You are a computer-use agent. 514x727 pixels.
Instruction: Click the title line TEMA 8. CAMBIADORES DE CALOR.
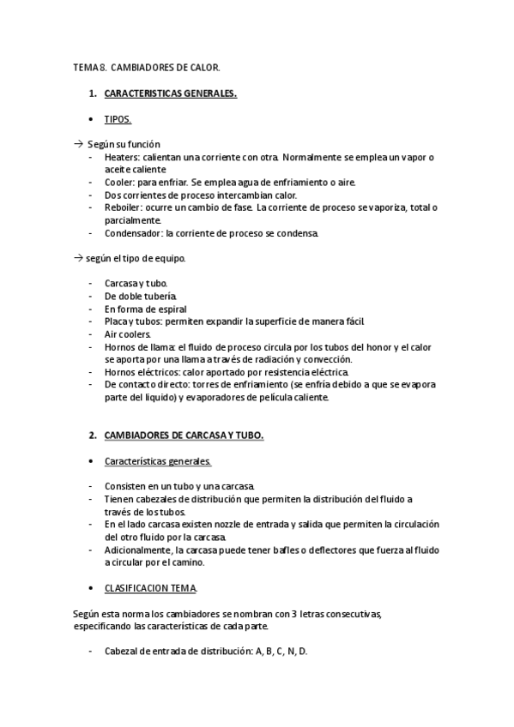tap(146, 66)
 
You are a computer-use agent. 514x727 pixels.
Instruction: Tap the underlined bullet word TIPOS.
tap(118, 119)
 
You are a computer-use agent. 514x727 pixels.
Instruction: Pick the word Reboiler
tap(123, 207)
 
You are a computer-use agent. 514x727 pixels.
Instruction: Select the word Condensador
tap(133, 232)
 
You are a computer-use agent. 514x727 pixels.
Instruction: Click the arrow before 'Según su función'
tap(79, 144)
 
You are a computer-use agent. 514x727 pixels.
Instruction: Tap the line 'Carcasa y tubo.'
tap(136, 283)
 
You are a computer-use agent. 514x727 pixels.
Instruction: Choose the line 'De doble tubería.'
tap(142, 296)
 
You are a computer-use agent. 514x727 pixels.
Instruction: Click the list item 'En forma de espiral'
tap(145, 309)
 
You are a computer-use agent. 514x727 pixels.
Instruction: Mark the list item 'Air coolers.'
tap(128, 333)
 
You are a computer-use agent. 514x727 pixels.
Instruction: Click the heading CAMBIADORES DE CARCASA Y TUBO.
tap(184, 436)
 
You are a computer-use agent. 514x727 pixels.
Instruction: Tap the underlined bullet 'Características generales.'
tap(158, 461)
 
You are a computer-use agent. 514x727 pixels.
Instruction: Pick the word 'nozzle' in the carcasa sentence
tap(233, 524)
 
